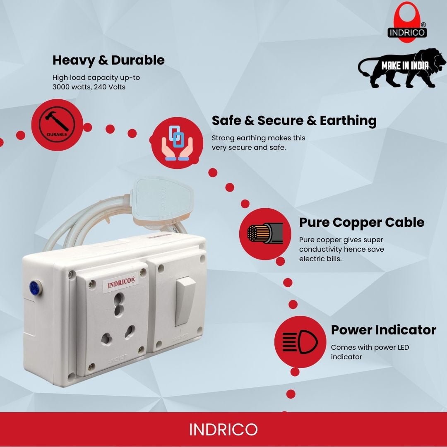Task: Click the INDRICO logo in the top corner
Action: tap(407, 23)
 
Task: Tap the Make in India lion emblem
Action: tap(401, 68)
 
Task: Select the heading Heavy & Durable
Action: tap(108, 60)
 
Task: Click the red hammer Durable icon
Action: tap(57, 125)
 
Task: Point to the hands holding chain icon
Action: tap(177, 142)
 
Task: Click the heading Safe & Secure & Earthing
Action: tap(294, 120)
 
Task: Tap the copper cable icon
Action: tap(265, 233)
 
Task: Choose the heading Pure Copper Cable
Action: tap(361, 222)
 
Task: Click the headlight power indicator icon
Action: tap(300, 341)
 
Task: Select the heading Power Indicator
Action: tap(383, 330)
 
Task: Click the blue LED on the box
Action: tap(35, 288)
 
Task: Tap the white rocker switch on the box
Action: tap(185, 301)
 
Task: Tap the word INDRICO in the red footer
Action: tap(223, 429)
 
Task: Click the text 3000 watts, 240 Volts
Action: tap(89, 87)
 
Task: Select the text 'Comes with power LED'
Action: tap(370, 348)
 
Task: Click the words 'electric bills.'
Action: tap(320, 259)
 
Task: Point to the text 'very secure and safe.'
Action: tap(249, 148)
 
